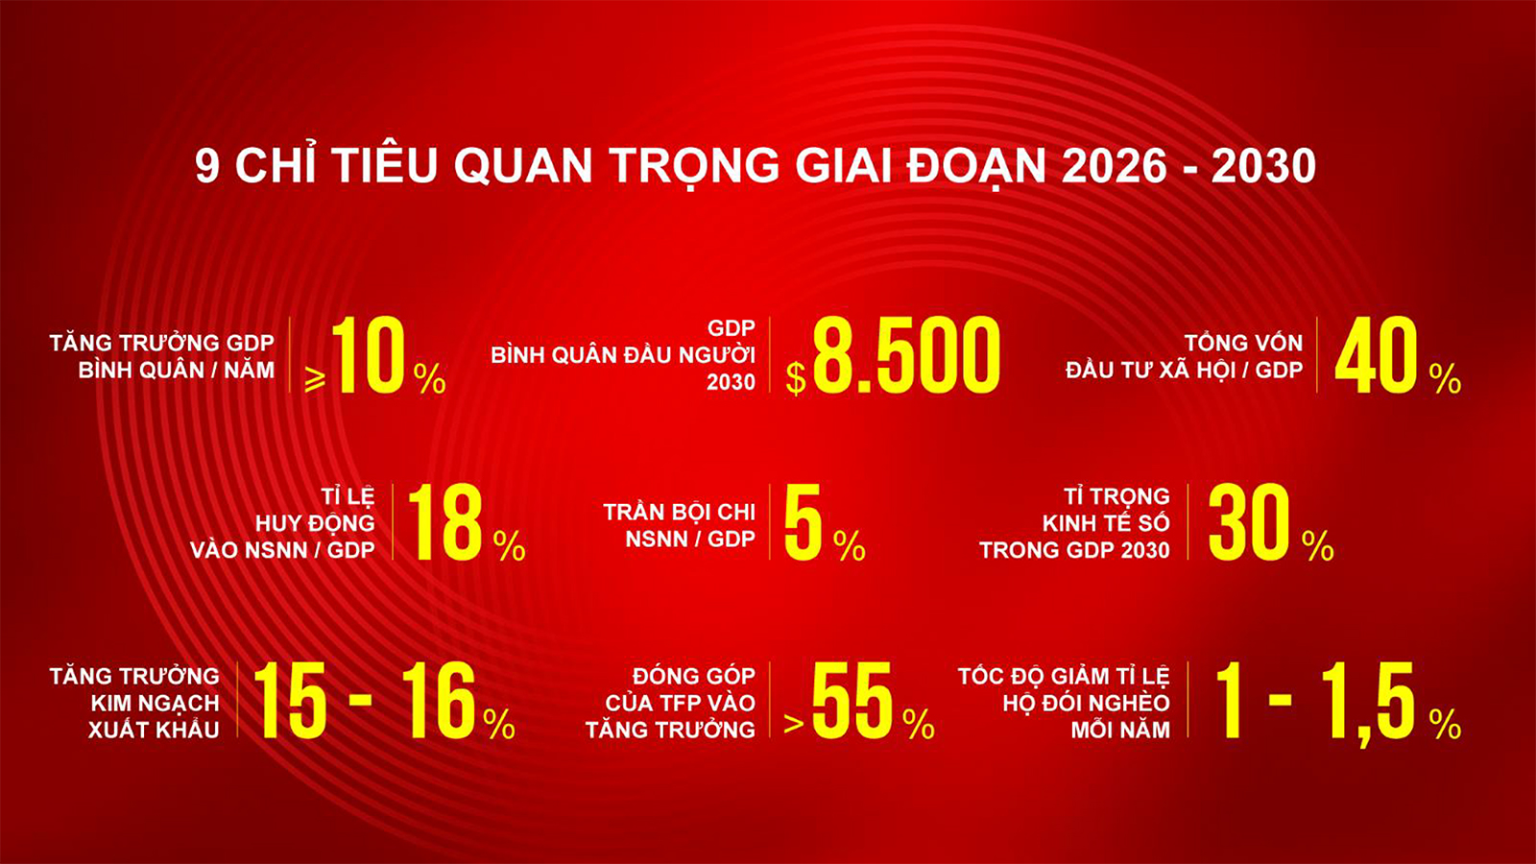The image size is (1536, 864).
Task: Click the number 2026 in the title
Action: point(1113,166)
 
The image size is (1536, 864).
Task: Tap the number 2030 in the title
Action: point(1263,166)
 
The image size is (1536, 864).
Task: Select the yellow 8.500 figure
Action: point(906,355)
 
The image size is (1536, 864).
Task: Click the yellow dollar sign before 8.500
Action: point(796,378)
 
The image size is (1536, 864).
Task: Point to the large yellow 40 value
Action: point(1376,355)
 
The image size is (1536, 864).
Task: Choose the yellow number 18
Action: point(445,522)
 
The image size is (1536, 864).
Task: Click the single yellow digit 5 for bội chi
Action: point(803,522)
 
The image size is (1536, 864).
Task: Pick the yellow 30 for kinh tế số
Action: point(1249,522)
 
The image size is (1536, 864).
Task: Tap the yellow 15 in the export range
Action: point(291,700)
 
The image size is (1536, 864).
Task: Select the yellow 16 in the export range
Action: point(439,700)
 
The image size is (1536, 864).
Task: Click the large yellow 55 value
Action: point(852,700)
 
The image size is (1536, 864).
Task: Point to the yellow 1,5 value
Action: point(1369,702)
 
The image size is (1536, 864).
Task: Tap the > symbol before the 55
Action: point(793,724)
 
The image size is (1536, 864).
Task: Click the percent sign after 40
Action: point(1445,378)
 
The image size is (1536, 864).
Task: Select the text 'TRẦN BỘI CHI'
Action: point(679,512)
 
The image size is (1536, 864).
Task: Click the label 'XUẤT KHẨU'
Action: point(154,730)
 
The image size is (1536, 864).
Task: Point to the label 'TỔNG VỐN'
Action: point(1244,342)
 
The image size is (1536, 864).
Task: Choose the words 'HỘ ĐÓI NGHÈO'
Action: point(1086,703)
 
